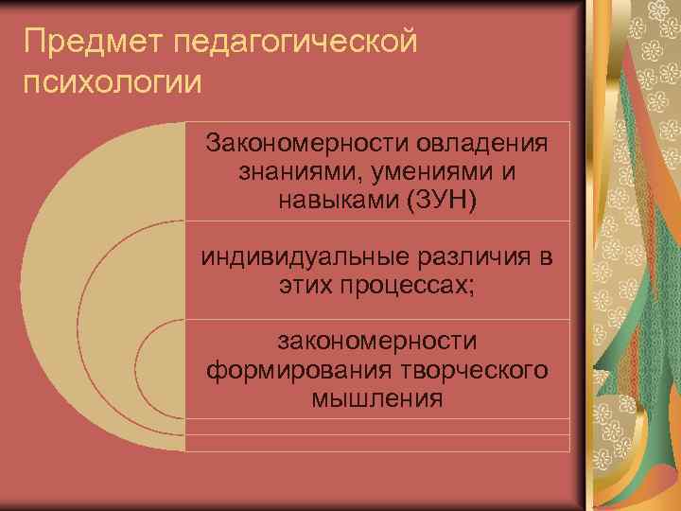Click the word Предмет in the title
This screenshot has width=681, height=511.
[84, 42]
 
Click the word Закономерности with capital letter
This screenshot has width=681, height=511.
[300, 146]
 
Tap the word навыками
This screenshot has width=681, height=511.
[328, 201]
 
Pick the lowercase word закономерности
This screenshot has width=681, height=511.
[376, 340]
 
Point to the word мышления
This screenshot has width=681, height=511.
[376, 396]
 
